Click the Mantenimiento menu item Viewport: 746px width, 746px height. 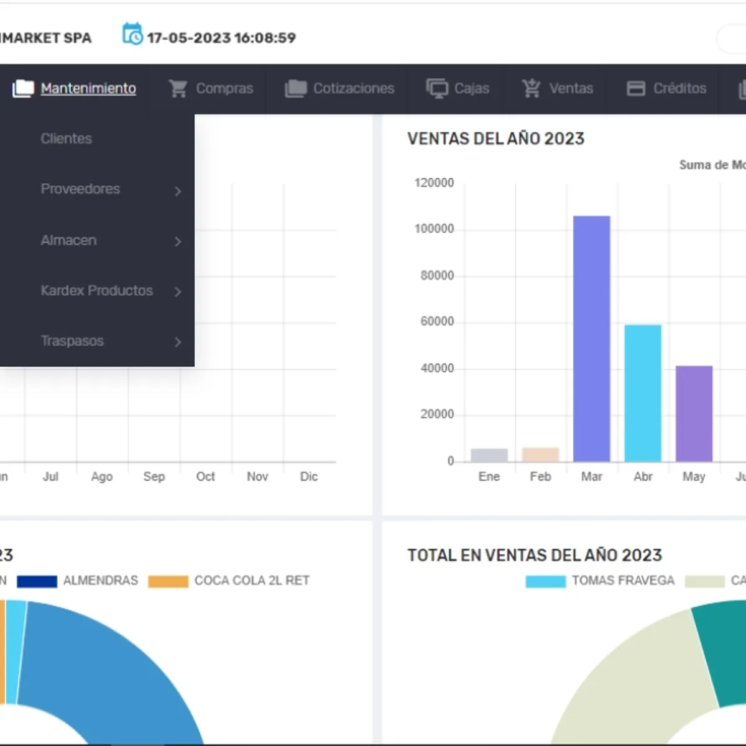pos(88,89)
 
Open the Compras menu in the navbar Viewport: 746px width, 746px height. pos(211,89)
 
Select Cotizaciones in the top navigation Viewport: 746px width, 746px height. pos(340,89)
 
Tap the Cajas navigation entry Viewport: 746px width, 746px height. pos(458,89)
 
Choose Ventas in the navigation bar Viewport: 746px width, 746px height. pos(558,89)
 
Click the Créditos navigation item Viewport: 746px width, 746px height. pos(667,89)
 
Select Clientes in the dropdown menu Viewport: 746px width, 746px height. pos(67,139)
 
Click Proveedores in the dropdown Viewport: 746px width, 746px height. pos(80,189)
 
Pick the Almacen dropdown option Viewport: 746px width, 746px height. pos(68,241)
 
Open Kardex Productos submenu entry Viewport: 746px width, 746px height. pos(96,291)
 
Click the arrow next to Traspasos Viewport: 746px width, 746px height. pos(178,342)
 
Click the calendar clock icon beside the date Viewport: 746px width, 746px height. pos(132,35)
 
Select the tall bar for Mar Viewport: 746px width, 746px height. pos(591,339)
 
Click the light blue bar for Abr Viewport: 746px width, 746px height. pos(643,393)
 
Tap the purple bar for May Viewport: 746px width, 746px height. pos(694,413)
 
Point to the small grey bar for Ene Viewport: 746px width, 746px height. pos(489,455)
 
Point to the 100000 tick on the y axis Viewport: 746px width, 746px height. pos(434,229)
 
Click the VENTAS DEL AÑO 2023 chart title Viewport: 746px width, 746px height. pos(495,139)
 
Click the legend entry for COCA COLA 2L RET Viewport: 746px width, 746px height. pos(229,581)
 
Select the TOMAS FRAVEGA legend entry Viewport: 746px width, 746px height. pos(601,581)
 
